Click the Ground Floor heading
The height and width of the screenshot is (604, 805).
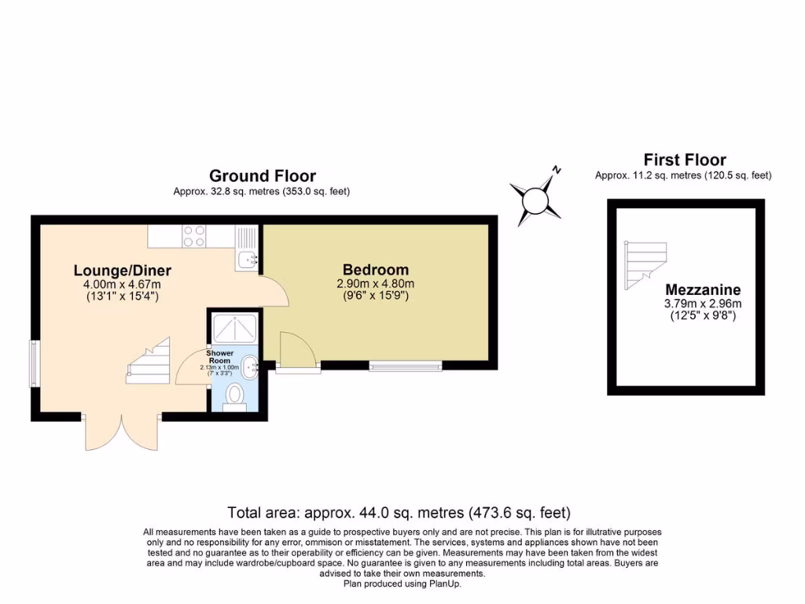262,175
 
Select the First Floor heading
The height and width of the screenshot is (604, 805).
684,160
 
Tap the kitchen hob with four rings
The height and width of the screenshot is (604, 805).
194,236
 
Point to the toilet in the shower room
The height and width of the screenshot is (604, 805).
234,396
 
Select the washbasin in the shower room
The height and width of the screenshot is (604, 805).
249,366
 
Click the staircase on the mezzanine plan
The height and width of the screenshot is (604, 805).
645,263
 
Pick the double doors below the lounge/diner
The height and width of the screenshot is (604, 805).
122,433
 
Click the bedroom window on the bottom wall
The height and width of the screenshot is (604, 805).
406,366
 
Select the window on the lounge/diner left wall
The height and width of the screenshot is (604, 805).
35,363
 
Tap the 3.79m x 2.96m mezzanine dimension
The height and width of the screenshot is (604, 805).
703,303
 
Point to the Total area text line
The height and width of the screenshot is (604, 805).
399,513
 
